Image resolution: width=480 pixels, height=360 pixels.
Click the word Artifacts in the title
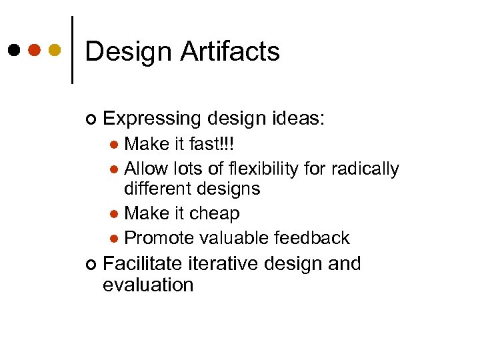coord(229,51)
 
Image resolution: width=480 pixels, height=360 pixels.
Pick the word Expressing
coord(152,119)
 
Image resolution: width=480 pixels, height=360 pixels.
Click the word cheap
coord(215,214)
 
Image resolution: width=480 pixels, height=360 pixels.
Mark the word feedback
coord(314,238)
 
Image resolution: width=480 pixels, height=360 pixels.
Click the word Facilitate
coord(143,264)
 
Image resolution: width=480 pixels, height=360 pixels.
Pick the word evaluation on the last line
coord(148,285)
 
